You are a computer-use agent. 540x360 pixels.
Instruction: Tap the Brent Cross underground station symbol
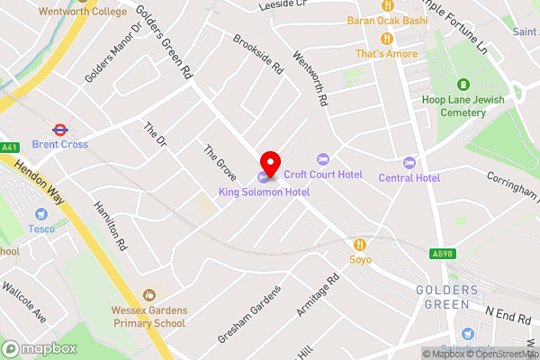click(x=59, y=129)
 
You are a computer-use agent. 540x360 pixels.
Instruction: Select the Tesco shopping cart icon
click(x=40, y=214)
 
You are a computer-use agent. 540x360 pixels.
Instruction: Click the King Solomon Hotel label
click(x=264, y=193)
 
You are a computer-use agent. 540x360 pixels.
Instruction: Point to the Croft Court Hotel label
click(x=323, y=175)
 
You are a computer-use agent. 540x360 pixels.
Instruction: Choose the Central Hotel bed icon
click(x=409, y=163)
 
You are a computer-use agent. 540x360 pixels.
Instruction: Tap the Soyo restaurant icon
click(x=361, y=244)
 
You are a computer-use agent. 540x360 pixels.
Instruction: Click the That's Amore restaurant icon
click(x=387, y=38)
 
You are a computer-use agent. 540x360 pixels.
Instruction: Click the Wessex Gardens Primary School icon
click(x=149, y=294)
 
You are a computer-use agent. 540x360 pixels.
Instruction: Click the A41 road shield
click(x=9, y=147)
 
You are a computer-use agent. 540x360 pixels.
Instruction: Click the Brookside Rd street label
click(x=257, y=54)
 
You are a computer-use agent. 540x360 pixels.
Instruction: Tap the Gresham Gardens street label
click(x=248, y=314)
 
